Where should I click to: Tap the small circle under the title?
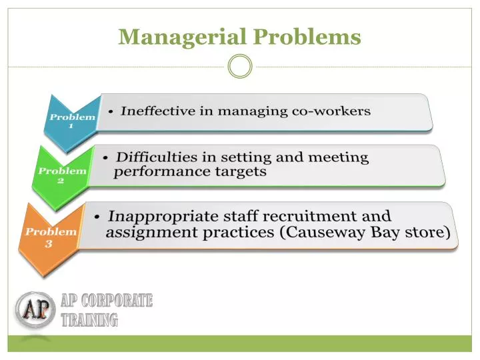tap(240, 66)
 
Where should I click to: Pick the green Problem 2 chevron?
tap(60, 175)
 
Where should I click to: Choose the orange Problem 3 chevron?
tap(49, 237)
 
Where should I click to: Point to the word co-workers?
tap(331, 111)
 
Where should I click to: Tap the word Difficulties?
tap(156, 157)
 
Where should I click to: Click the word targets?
tap(242, 171)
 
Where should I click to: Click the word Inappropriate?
tap(163, 216)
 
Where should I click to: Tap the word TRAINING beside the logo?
tap(89, 321)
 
